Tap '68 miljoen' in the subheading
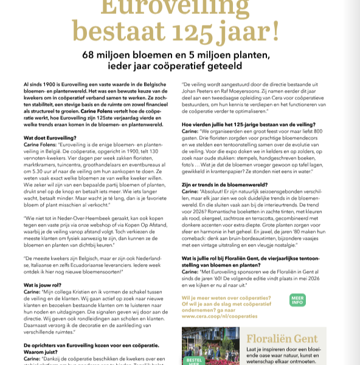click(110, 54)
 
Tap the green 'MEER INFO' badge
click(298, 301)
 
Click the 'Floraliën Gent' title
click(282, 339)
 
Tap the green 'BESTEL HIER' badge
click(193, 360)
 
